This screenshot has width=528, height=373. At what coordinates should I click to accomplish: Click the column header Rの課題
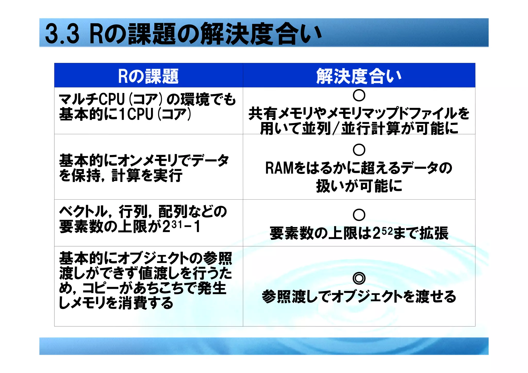(x=148, y=76)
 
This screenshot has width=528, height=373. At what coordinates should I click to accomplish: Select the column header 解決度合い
(x=359, y=76)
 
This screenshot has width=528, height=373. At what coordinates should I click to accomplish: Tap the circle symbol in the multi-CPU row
(x=359, y=95)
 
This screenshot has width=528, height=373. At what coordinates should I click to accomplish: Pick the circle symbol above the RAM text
(x=359, y=150)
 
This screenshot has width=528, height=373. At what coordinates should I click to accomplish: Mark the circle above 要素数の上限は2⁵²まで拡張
(x=359, y=215)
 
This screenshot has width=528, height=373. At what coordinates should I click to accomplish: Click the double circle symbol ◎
(x=359, y=278)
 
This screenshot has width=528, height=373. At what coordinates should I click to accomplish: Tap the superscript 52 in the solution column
(x=387, y=231)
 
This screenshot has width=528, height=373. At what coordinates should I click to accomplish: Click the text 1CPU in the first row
(x=136, y=114)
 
